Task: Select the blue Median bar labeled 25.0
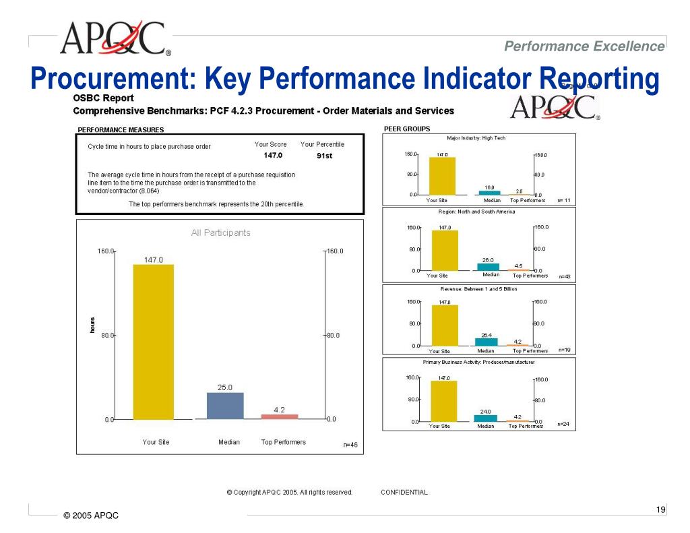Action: point(224,406)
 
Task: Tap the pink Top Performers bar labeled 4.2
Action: point(279,416)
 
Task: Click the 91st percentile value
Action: point(325,156)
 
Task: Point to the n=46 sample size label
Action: point(350,445)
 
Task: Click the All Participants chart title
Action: point(220,233)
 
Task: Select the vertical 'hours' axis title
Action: point(92,325)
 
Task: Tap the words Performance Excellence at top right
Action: point(584,46)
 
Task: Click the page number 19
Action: point(660,509)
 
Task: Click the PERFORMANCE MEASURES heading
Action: point(121,130)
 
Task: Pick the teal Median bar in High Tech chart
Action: point(489,193)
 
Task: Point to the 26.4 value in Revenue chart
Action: point(487,335)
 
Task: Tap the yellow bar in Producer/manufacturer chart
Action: point(443,401)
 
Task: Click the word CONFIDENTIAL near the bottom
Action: point(404,493)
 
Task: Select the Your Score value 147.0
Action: point(273,156)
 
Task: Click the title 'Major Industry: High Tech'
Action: point(476,138)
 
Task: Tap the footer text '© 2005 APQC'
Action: point(91,515)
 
